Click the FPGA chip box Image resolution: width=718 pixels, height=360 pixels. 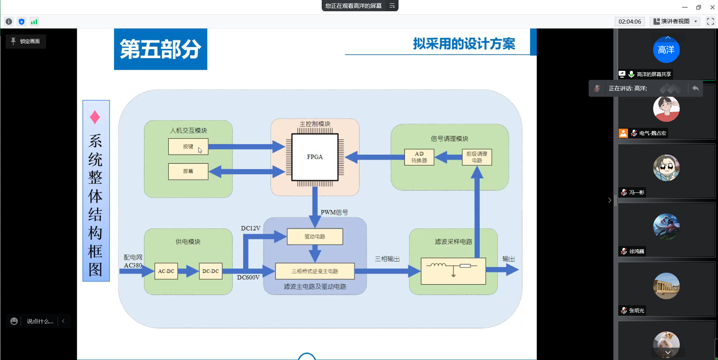click(315, 157)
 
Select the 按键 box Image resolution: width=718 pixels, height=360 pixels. click(188, 147)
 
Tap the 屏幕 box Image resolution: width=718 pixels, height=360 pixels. click(188, 171)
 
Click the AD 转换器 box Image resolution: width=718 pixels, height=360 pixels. click(419, 157)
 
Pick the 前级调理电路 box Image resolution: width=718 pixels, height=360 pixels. click(477, 157)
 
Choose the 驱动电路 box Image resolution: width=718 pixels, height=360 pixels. click(315, 237)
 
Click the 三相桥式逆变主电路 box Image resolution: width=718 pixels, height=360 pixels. click(315, 271)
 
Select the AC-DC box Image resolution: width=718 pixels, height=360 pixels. click(166, 271)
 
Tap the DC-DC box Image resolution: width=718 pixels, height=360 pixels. click(210, 271)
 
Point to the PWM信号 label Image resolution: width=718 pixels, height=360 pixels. click(334, 212)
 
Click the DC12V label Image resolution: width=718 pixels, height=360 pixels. click(250, 228)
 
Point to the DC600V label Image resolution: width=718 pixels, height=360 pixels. click(248, 277)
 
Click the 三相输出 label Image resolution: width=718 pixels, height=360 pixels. click(387, 259)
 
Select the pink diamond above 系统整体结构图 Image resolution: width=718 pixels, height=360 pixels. click(95, 117)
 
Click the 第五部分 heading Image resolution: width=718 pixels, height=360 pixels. click(160, 49)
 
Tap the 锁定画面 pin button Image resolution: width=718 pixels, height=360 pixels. click(25, 41)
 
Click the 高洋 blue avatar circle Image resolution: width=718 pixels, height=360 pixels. click(666, 49)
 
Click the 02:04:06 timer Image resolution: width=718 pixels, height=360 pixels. click(630, 21)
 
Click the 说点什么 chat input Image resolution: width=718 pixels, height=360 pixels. click(40, 321)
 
